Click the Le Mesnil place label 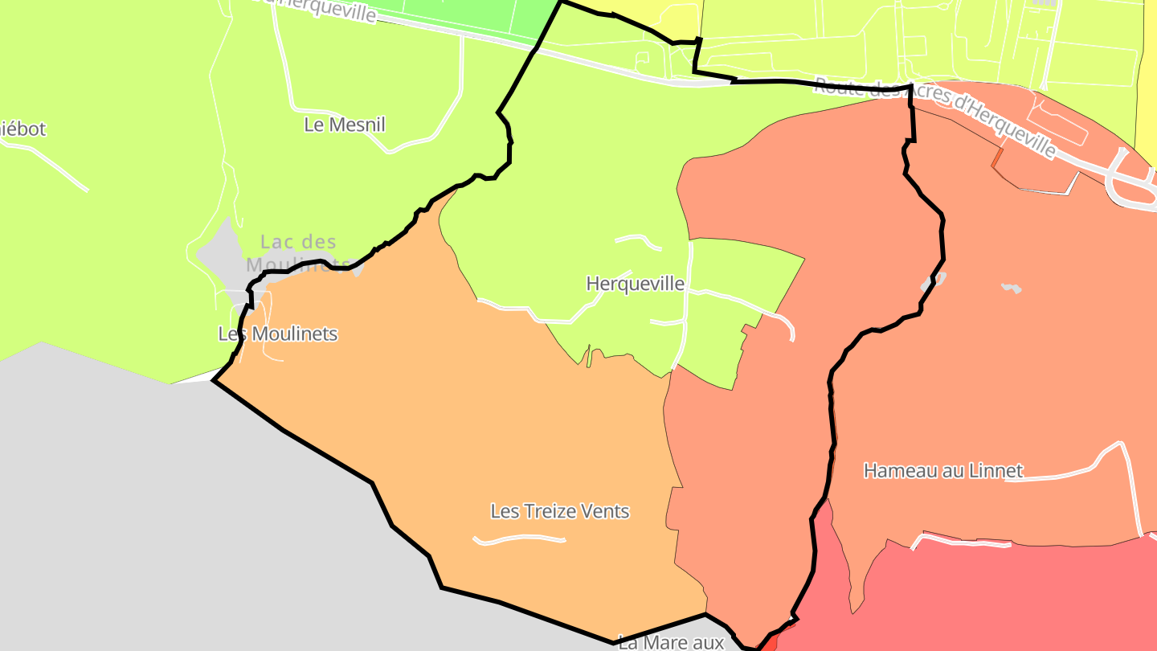[345, 125]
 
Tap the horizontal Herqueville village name [635, 284]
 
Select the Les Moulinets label [278, 334]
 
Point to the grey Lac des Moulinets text [298, 243]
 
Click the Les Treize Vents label [559, 511]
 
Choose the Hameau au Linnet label [943, 470]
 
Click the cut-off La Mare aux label [672, 642]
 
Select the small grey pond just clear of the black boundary [1011, 287]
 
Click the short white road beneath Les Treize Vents [519, 539]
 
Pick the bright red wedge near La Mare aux [769, 642]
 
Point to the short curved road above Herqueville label [639, 240]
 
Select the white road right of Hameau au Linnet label [1069, 472]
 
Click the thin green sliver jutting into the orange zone [589, 356]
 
